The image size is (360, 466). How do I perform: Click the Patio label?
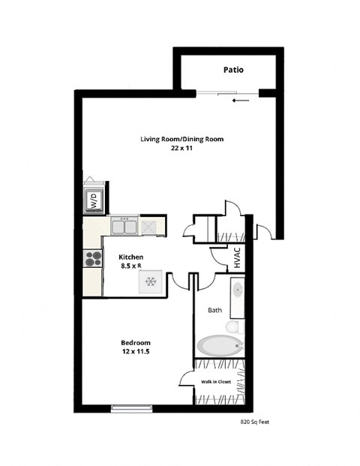pyautogui.click(x=233, y=70)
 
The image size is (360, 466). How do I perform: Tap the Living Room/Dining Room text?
pyautogui.click(x=181, y=139)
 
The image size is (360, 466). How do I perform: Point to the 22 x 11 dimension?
pyautogui.click(x=181, y=149)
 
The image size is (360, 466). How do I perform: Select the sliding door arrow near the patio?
pyautogui.click(x=240, y=100)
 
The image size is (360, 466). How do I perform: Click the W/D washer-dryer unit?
pyautogui.click(x=94, y=199)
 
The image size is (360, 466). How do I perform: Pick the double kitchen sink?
pyautogui.click(x=124, y=226)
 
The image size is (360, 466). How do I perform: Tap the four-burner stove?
pyautogui.click(x=93, y=259)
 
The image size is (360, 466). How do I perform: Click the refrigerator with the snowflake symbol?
pyautogui.click(x=150, y=281)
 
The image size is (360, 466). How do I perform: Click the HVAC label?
pyautogui.click(x=237, y=258)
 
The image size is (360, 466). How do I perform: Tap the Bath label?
pyautogui.click(x=214, y=309)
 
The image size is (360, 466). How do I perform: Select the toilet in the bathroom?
pyautogui.click(x=235, y=327)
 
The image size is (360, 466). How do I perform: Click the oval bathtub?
pyautogui.click(x=220, y=346)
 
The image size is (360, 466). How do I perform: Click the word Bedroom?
pyautogui.click(x=135, y=341)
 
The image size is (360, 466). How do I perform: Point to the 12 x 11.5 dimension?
pyautogui.click(x=135, y=351)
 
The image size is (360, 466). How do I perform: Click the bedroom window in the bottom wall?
pyautogui.click(x=131, y=408)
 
